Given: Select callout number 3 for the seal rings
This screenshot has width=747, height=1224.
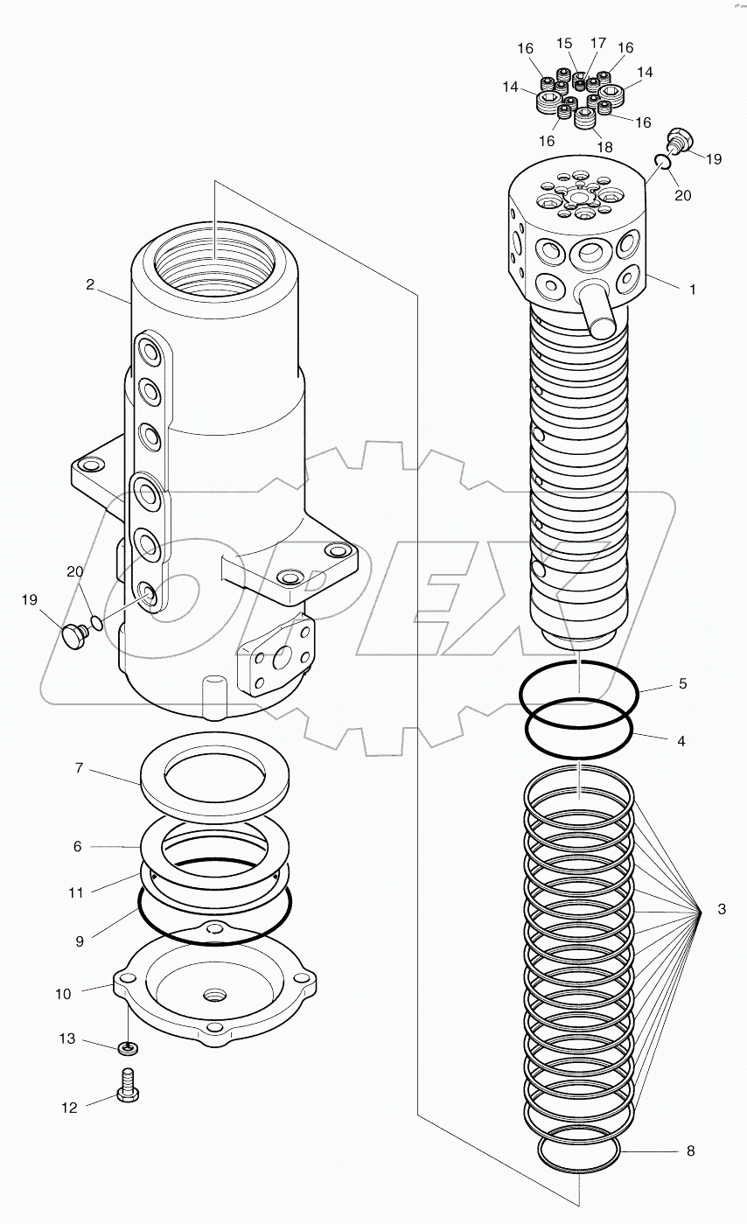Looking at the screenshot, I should pyautogui.click(x=722, y=910).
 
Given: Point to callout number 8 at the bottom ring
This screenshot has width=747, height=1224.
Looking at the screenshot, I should pyautogui.click(x=690, y=1151).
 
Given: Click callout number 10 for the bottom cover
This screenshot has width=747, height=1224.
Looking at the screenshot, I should pyautogui.click(x=64, y=994).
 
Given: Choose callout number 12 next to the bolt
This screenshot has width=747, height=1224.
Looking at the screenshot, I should pyautogui.click(x=70, y=1108).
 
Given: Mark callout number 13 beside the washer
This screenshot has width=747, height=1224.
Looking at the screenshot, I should pyautogui.click(x=68, y=1039).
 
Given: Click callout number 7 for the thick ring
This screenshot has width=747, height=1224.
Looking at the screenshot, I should pyautogui.click(x=79, y=768).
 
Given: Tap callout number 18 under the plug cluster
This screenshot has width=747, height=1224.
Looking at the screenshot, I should pyautogui.click(x=604, y=147).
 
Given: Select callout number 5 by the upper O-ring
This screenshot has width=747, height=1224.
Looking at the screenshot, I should pyautogui.click(x=682, y=683).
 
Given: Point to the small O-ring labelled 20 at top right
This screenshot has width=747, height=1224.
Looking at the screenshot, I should pyautogui.click(x=663, y=160).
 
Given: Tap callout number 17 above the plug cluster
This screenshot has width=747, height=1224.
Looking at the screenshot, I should pyautogui.click(x=598, y=42).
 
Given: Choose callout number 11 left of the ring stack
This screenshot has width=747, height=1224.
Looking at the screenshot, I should pyautogui.click(x=76, y=892).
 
